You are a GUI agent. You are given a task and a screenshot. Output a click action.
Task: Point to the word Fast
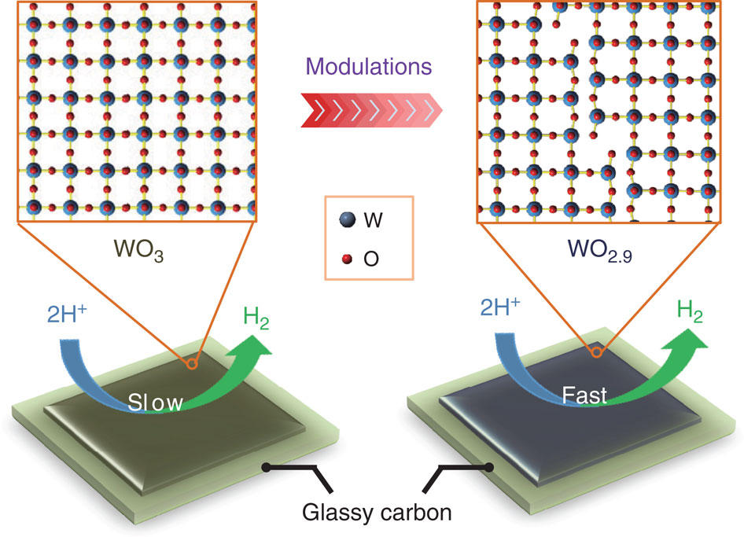pyautogui.click(x=584, y=395)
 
